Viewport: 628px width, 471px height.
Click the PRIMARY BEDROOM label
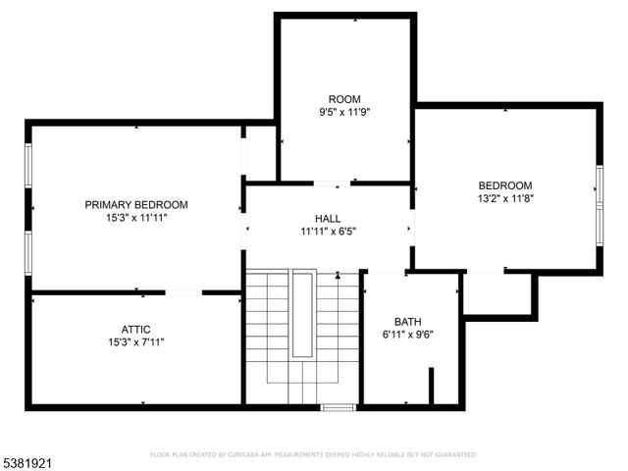point(135,205)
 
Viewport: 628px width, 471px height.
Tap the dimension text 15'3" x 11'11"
point(135,218)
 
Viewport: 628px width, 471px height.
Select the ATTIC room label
point(135,329)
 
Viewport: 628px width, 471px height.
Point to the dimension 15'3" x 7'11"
point(135,341)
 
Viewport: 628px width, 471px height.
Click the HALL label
point(328,218)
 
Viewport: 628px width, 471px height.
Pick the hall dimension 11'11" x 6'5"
point(328,232)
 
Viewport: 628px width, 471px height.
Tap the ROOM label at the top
point(344,99)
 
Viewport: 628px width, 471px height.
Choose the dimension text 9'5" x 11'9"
point(344,112)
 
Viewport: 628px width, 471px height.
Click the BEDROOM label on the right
point(504,185)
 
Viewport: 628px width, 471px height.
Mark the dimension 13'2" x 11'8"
point(504,198)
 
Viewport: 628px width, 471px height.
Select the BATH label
point(407,321)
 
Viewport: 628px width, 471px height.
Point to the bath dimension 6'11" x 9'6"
point(407,334)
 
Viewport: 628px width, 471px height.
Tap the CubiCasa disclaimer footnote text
point(313,455)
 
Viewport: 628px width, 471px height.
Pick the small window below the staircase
point(338,406)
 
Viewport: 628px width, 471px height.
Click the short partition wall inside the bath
point(430,386)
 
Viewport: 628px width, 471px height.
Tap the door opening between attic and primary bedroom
point(184,292)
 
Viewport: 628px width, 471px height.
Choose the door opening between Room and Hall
point(329,183)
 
